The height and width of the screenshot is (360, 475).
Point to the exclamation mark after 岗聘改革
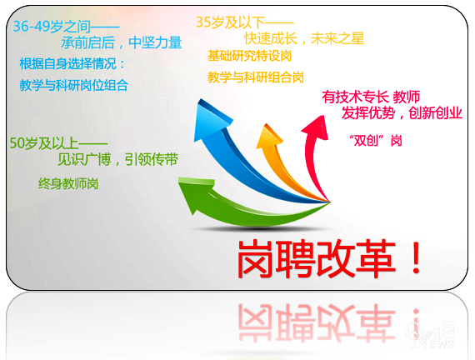(416, 259)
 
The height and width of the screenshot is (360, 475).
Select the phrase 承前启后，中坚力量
(121, 43)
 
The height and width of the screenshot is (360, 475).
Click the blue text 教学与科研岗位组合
(74, 84)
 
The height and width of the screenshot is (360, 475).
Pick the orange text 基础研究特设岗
(250, 57)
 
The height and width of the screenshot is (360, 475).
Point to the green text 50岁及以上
(46, 142)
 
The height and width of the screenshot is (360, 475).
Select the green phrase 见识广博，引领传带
(117, 160)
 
